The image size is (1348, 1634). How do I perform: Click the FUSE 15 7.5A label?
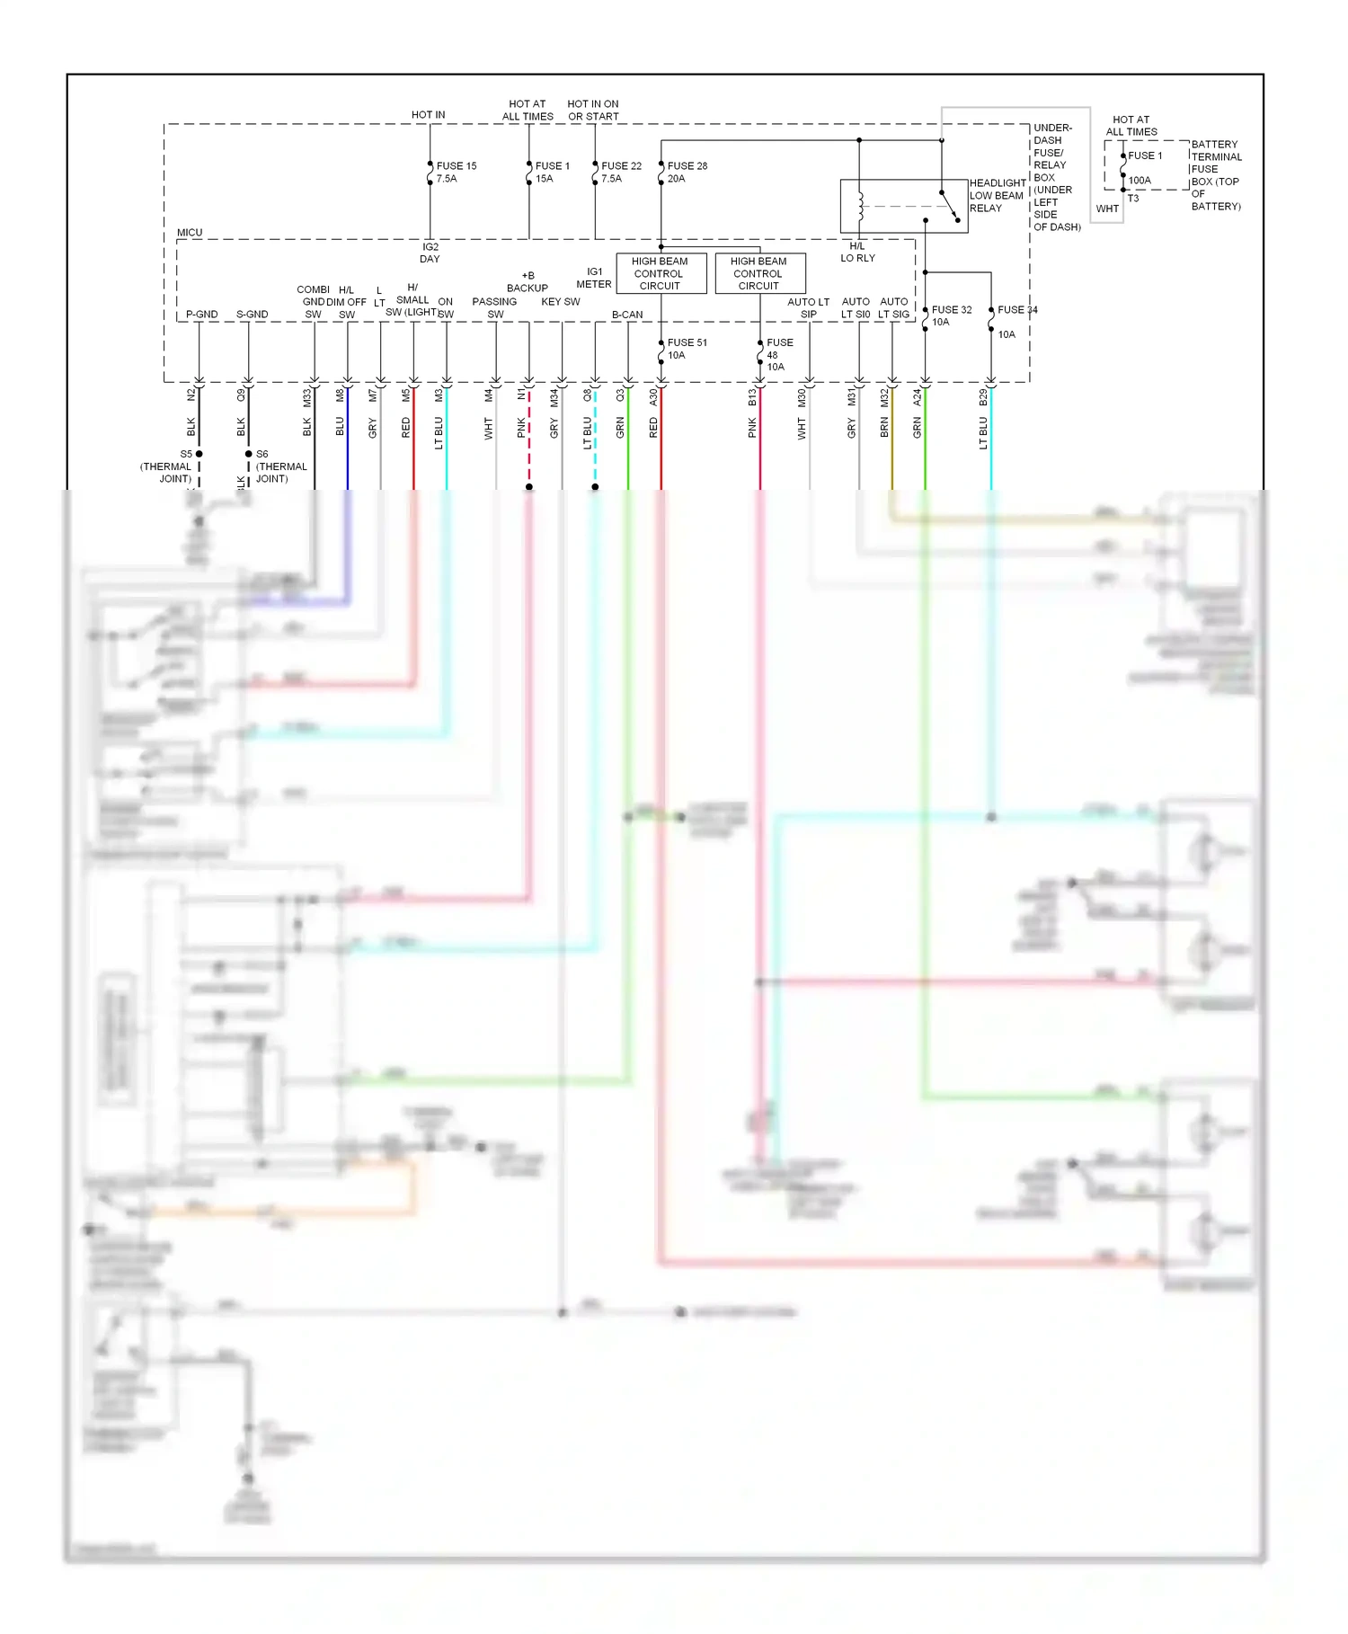tap(456, 173)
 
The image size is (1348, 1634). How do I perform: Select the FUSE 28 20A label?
tap(687, 173)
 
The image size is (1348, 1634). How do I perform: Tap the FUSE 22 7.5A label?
tap(621, 173)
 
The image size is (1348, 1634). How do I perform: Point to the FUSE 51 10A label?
tap(687, 349)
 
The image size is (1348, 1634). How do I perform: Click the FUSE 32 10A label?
tap(951, 315)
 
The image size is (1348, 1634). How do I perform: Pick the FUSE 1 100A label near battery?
tap(1144, 167)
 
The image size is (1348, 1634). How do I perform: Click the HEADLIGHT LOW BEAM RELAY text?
tap(997, 196)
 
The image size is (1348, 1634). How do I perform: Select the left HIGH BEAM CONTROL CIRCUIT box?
tap(661, 273)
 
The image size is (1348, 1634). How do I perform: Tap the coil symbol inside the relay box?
tap(860, 207)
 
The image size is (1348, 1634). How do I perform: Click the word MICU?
tap(190, 233)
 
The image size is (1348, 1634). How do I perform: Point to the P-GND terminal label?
tap(201, 315)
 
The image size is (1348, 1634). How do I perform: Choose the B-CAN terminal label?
tap(627, 315)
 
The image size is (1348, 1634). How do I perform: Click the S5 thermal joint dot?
tap(199, 454)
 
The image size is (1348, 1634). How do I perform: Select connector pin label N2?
tap(191, 395)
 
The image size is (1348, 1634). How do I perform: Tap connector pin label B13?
tap(752, 396)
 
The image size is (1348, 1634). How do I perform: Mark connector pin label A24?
tap(917, 396)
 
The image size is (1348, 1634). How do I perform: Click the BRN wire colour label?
tap(884, 428)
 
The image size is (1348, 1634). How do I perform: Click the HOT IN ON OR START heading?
tap(593, 111)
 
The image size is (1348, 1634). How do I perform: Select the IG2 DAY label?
tap(430, 253)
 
